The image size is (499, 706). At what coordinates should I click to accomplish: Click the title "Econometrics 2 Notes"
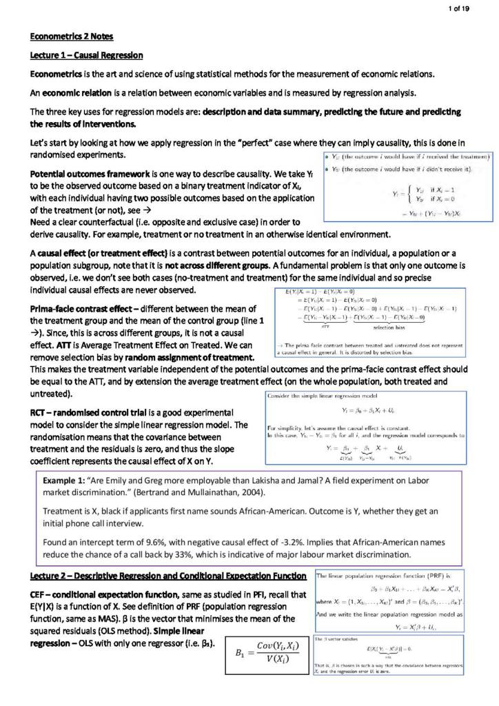tap(72, 36)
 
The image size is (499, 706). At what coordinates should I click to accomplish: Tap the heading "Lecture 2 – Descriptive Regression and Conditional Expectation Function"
tap(168, 576)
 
